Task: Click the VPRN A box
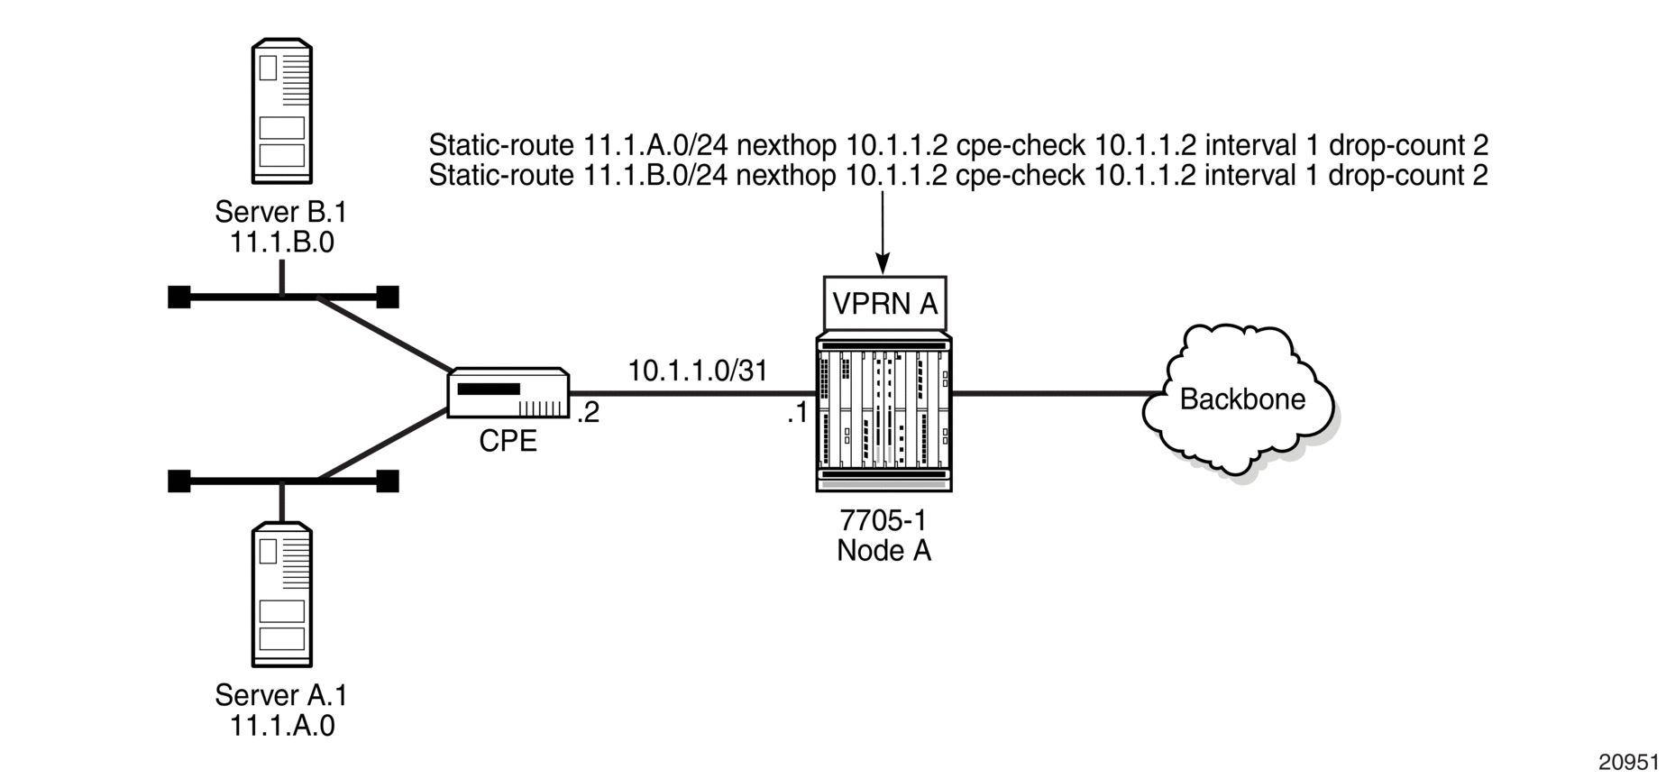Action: click(884, 304)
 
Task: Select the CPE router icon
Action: click(508, 392)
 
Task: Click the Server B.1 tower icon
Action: click(281, 111)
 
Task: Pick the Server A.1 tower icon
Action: click(281, 594)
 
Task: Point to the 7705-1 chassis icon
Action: click(883, 411)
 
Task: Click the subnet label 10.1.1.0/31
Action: click(697, 371)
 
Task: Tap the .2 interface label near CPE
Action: click(587, 412)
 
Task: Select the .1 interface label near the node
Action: click(797, 413)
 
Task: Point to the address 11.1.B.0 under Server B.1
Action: click(281, 243)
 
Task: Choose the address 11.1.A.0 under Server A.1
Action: click(281, 726)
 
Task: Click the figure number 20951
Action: click(1629, 762)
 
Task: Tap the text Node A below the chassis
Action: click(883, 550)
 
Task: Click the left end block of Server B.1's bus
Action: click(179, 297)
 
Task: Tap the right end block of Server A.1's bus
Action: click(388, 481)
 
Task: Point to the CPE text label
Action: click(508, 440)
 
